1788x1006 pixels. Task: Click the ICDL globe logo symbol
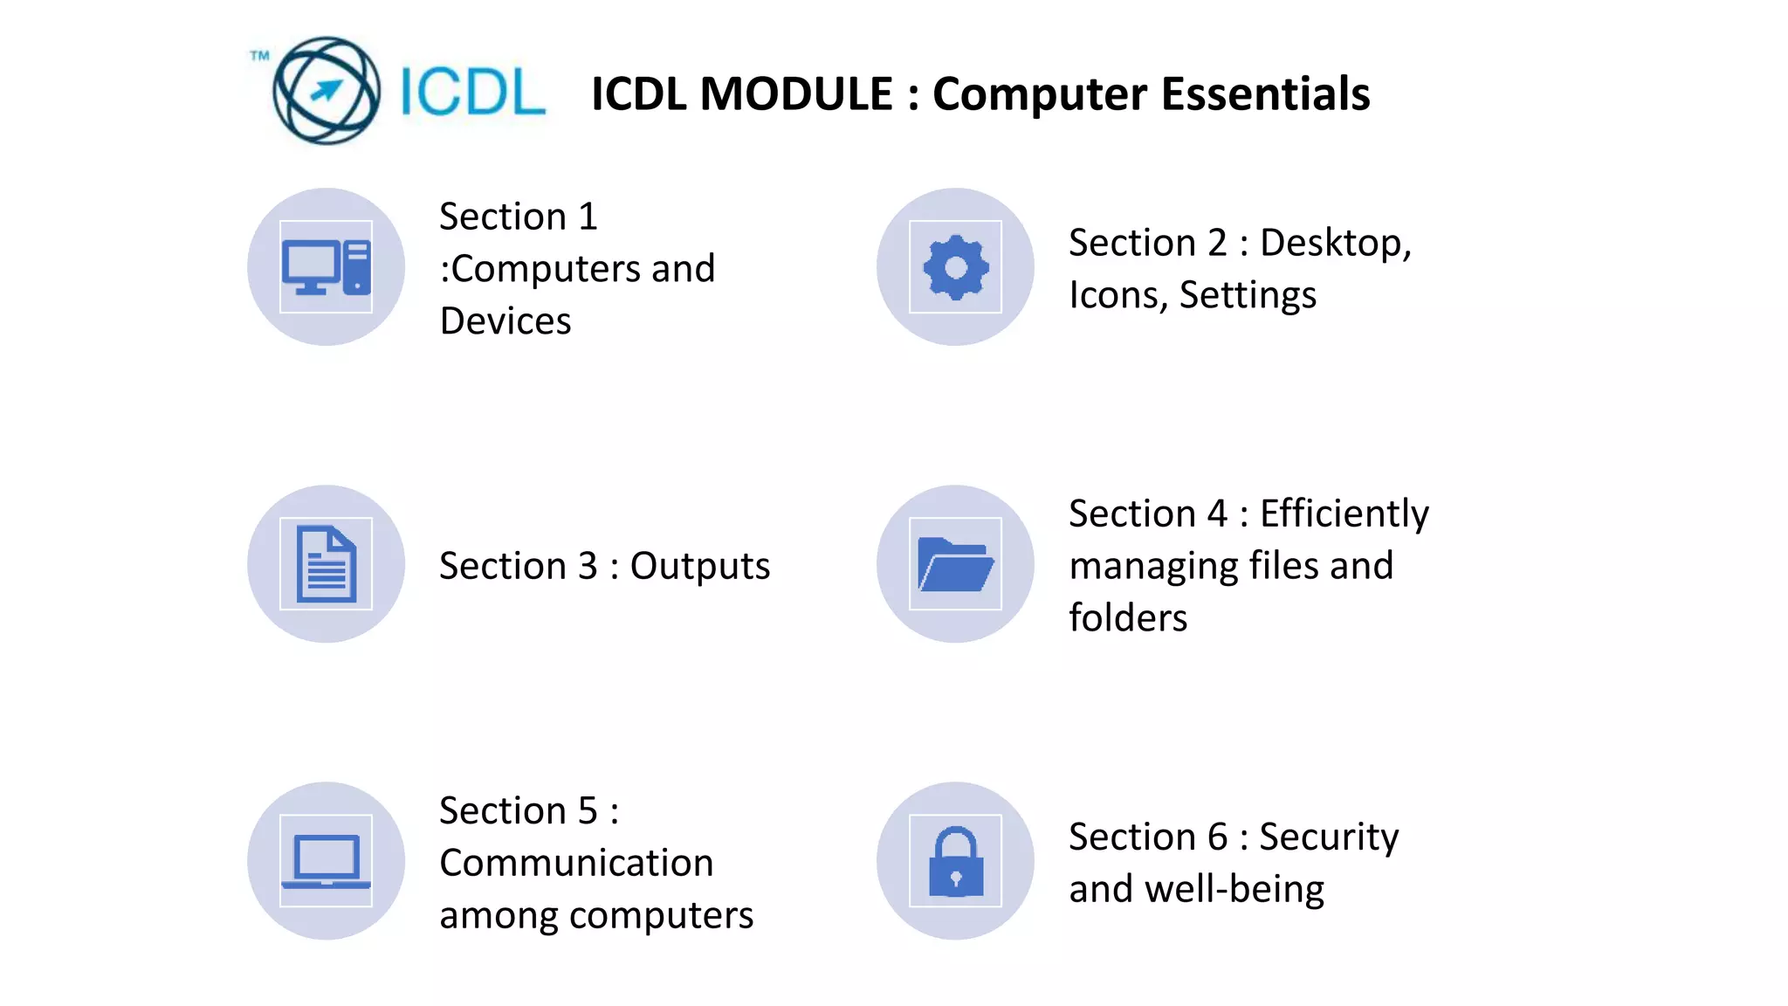326,91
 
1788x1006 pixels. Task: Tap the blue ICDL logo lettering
472,92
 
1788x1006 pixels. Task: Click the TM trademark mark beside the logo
259,56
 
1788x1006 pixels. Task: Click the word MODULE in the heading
797,94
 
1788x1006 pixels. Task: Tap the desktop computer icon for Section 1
326,267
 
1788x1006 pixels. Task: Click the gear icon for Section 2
955,267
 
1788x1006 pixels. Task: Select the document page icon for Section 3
326,564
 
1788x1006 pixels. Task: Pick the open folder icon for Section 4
955,564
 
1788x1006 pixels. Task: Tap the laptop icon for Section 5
326,861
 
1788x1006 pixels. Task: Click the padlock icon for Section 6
955,861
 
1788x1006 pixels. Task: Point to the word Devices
505,321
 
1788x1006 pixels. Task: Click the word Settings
1248,295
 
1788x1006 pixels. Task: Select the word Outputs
700,566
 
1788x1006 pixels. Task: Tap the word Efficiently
1344,513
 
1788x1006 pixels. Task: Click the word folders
1128,618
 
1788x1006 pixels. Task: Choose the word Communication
576,863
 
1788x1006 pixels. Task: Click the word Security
1329,837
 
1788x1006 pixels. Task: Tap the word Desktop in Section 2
1335,243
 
